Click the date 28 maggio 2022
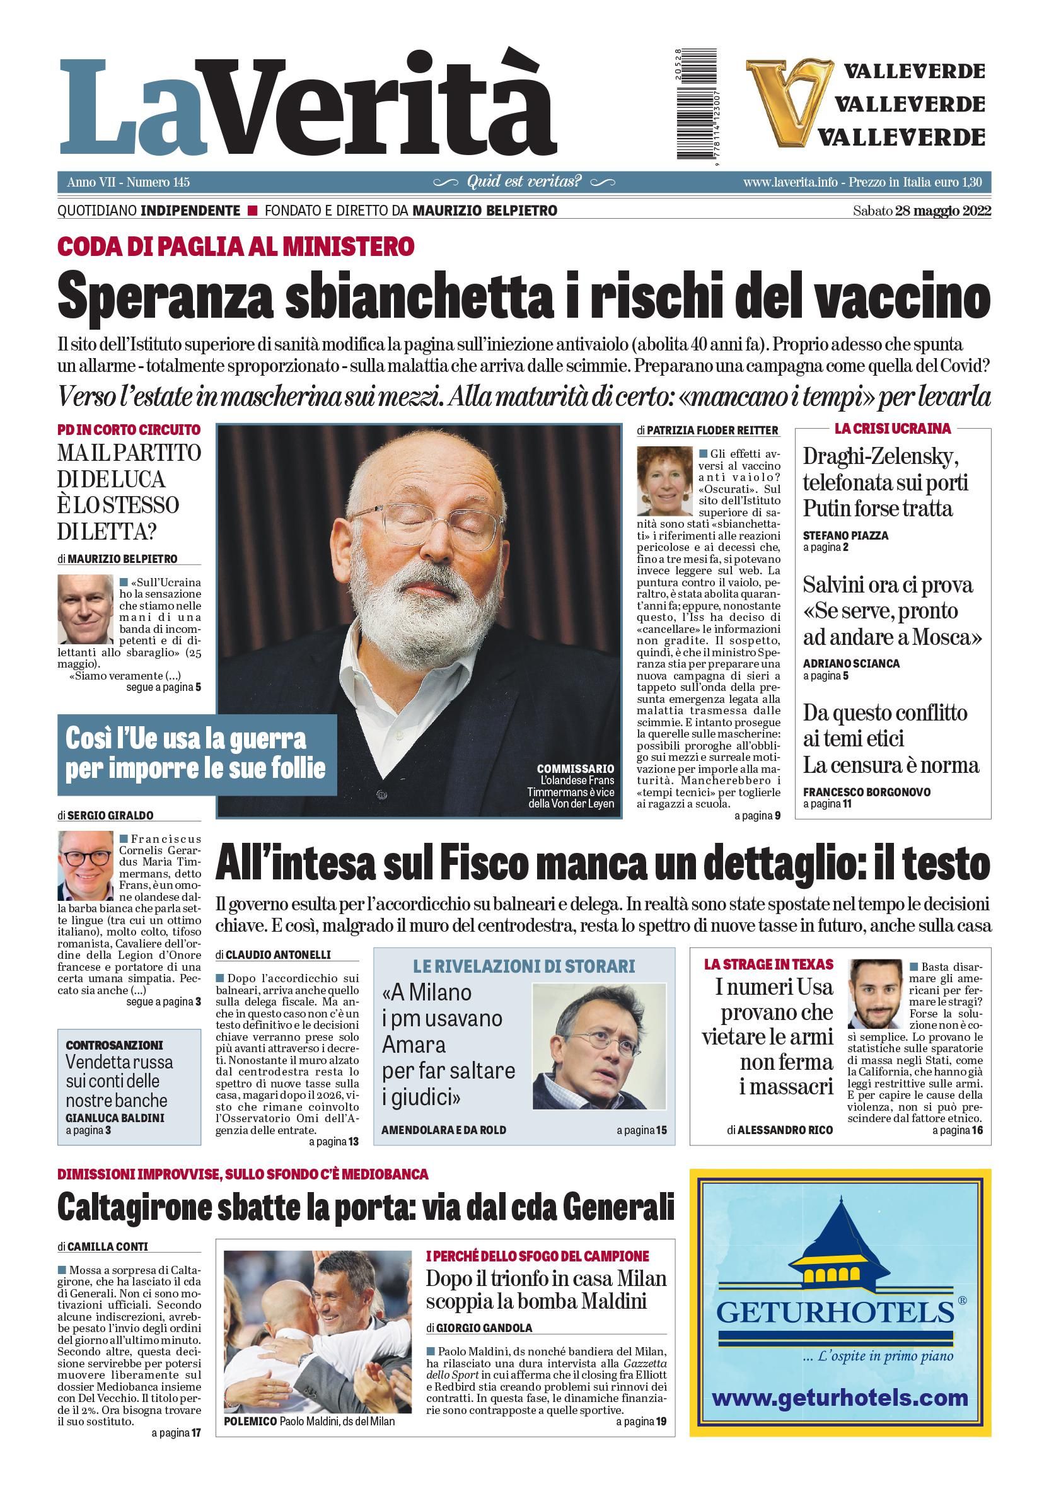[x=942, y=211]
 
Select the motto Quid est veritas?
[x=524, y=182]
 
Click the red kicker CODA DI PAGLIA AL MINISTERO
[x=236, y=247]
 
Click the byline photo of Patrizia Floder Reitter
[x=664, y=480]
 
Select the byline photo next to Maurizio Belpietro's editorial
[x=86, y=608]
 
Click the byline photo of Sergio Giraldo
[x=86, y=866]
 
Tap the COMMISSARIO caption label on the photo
[x=575, y=769]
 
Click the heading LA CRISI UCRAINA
[x=892, y=429]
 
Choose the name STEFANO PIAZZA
[x=845, y=536]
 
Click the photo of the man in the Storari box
[x=598, y=1046]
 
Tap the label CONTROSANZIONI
[x=114, y=1045]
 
